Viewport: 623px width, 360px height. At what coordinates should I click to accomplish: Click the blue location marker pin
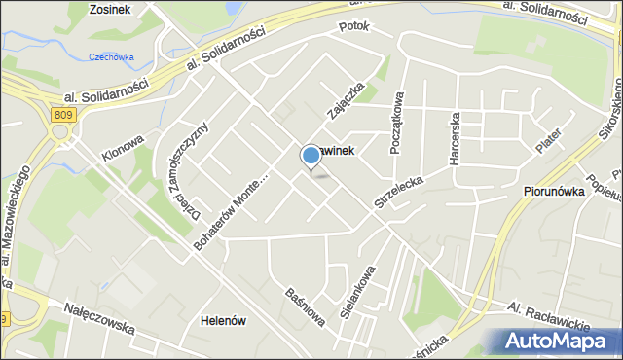[311, 156]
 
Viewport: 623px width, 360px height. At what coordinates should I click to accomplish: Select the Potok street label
[353, 27]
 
